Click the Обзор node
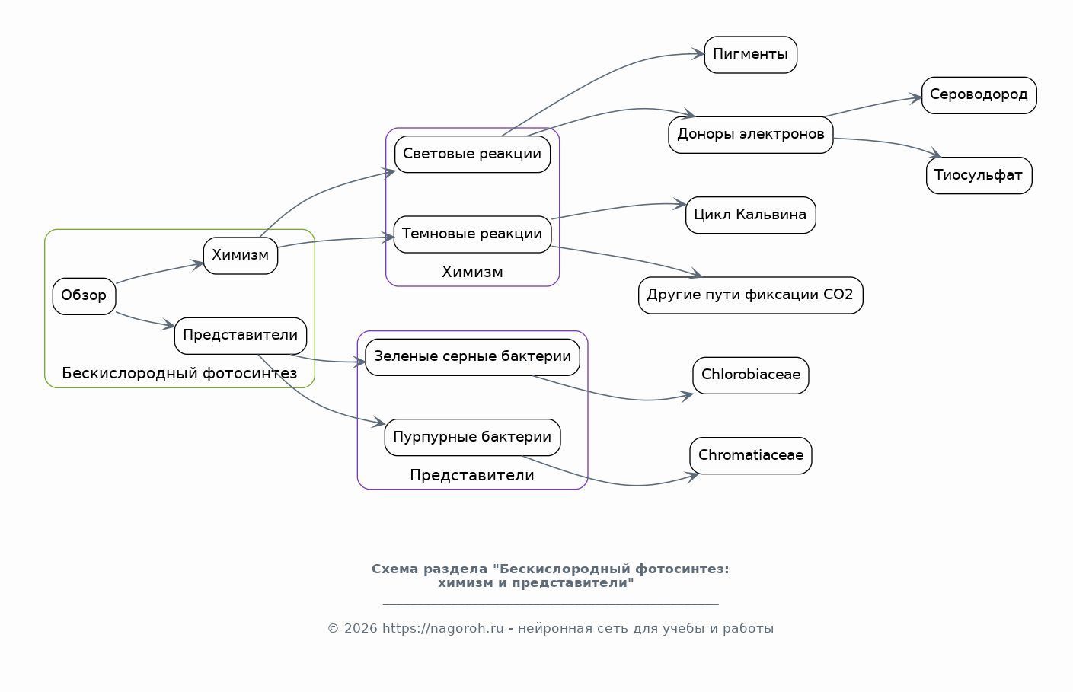[84, 296]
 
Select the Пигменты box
[750, 55]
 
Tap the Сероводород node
[979, 95]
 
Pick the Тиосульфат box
[979, 175]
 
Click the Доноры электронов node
[750, 135]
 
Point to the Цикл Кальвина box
[750, 215]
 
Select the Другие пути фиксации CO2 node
[750, 295]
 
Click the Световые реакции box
[472, 155]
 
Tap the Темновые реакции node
[472, 234]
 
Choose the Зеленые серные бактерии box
[472, 357]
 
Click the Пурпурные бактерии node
[472, 437]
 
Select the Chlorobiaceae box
[750, 375]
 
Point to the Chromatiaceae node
[750, 455]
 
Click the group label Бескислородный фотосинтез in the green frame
[180, 373]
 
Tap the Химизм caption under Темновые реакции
[472, 272]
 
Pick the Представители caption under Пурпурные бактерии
[472, 475]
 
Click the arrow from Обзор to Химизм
[159, 272]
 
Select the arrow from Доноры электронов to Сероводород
[873, 106]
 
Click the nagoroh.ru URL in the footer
[442, 628]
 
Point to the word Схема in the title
[395, 569]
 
